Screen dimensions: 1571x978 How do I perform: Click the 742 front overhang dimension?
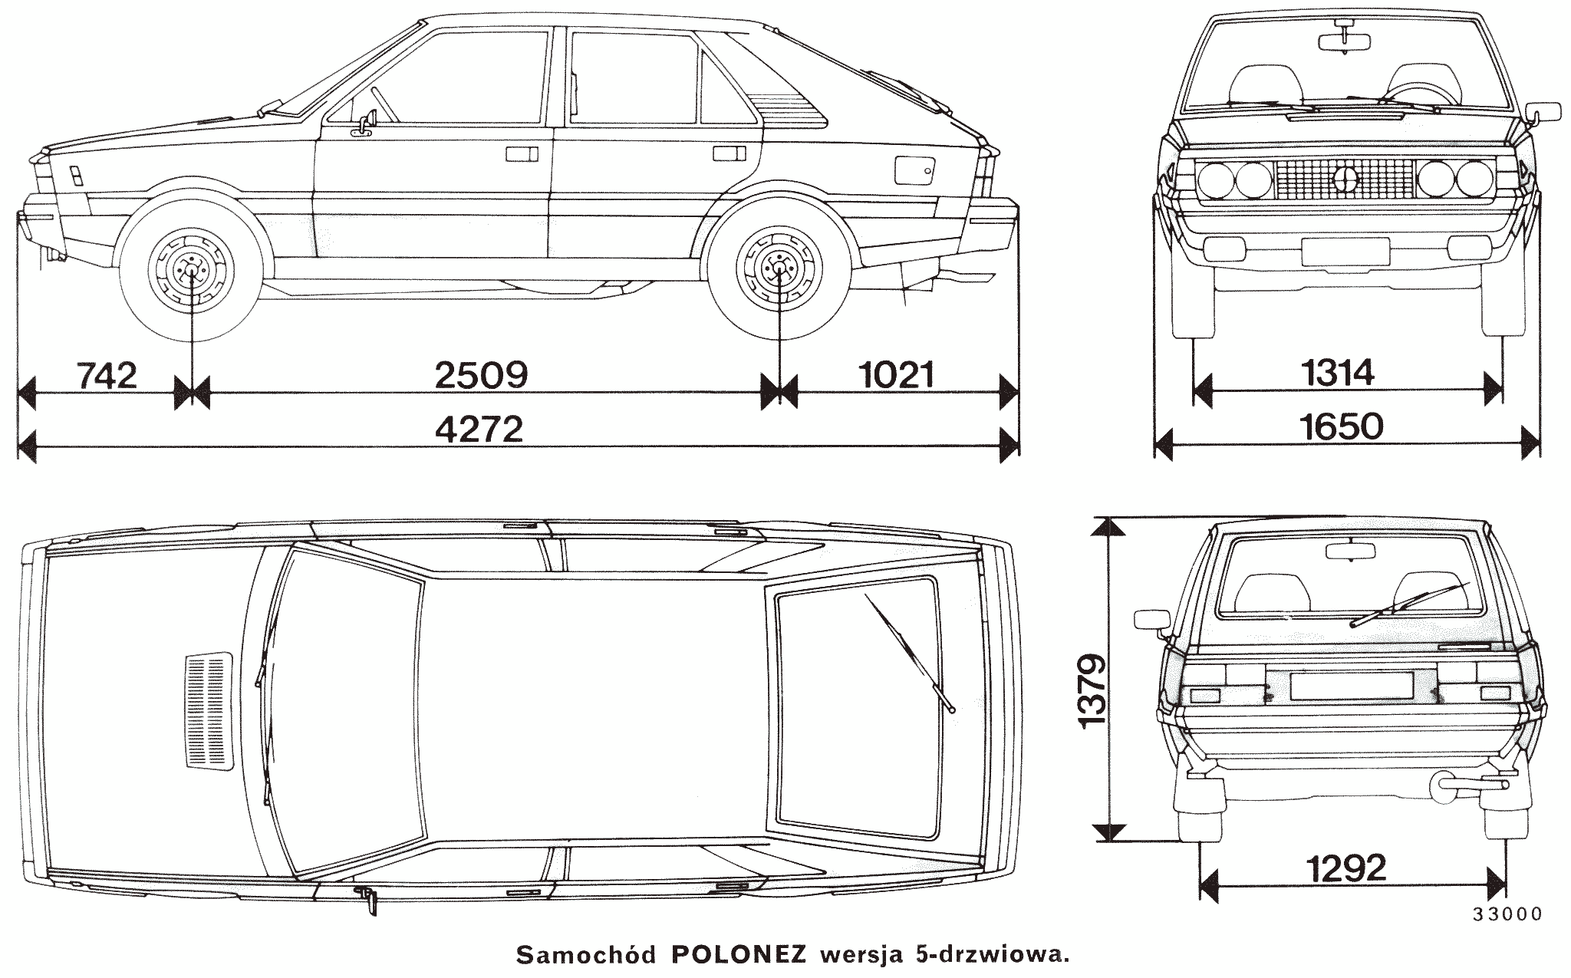[x=107, y=375]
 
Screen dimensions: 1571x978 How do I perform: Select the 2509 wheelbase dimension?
[x=481, y=376]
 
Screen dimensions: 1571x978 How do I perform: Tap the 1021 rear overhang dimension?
[x=897, y=375]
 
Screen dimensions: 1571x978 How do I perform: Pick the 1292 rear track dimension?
[x=1348, y=868]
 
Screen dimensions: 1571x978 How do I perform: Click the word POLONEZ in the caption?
[x=739, y=955]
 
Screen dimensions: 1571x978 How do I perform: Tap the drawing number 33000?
[x=1507, y=914]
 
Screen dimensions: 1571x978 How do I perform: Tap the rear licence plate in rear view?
[x=1351, y=685]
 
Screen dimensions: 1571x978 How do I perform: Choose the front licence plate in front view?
[x=1345, y=251]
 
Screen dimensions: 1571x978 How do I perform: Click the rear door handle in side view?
[x=730, y=153]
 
